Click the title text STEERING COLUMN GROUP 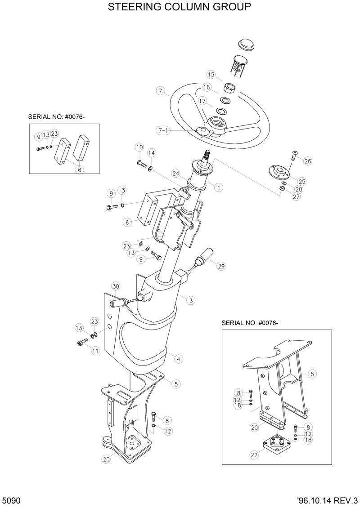pos(180,7)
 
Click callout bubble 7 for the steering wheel pos(160,91)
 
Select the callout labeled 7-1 pos(162,130)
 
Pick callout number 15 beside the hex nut pos(211,74)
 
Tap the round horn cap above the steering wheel pos(246,45)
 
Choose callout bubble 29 pos(220,266)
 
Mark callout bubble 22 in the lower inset pos(254,455)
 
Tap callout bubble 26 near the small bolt pos(308,161)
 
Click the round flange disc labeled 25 pos(278,172)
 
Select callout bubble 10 pos(139,147)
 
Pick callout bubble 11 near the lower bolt pos(95,351)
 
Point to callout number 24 pos(175,174)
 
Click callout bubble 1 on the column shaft pos(218,187)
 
